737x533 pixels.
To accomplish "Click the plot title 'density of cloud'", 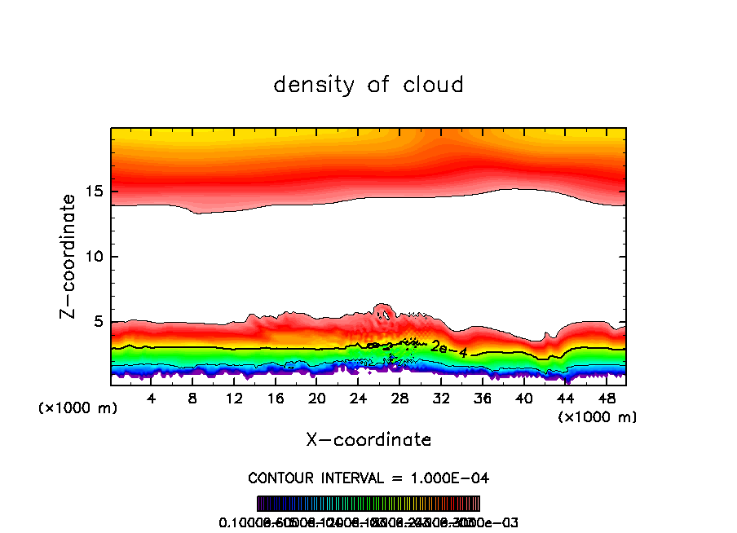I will pos(368,85).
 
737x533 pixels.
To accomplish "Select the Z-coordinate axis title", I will pos(68,256).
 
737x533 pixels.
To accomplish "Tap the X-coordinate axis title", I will pos(368,440).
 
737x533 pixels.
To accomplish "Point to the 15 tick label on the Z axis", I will pos(92,192).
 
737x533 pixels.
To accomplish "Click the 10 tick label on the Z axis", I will pos(92,257).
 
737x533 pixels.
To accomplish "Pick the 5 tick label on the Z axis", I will pos(97,322).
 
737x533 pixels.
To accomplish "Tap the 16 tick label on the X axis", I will pos(276,399).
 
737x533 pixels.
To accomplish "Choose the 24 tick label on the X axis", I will pos(358,399).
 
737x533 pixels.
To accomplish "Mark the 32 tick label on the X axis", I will pos(441,399).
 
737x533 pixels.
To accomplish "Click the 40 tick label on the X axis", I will pos(523,399).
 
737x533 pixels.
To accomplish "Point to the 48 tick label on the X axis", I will pos(606,399).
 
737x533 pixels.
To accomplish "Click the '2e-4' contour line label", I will pos(448,348).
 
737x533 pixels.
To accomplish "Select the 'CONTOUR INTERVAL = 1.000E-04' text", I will pos(368,478).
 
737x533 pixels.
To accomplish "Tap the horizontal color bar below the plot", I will pos(368,504).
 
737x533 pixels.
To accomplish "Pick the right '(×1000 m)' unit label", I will pos(598,417).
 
